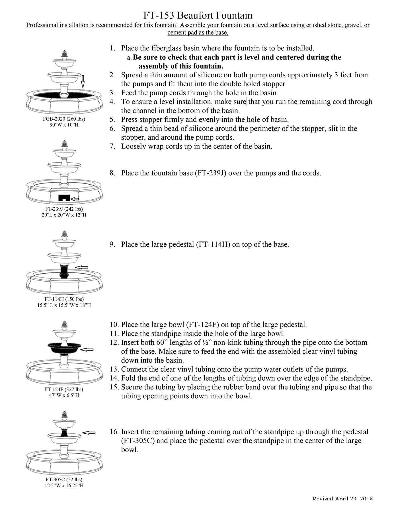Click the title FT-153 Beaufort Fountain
point(198,15)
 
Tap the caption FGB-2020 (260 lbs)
point(64,119)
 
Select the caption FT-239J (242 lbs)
point(64,209)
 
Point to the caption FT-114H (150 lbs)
point(64,299)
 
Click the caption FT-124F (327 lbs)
point(64,389)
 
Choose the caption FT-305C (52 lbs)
point(64,479)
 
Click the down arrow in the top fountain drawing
point(83,81)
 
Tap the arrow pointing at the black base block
point(75,199)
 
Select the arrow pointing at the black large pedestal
point(82,267)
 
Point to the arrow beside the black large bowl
point(87,349)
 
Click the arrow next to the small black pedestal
point(89,433)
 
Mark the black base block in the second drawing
point(64,198)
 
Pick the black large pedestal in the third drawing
point(64,271)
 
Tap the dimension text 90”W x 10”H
point(64,125)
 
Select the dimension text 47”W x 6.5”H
point(64,395)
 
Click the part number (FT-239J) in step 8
point(210,173)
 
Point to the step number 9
point(112,244)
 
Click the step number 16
point(114,432)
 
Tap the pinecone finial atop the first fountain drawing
point(65,54)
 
